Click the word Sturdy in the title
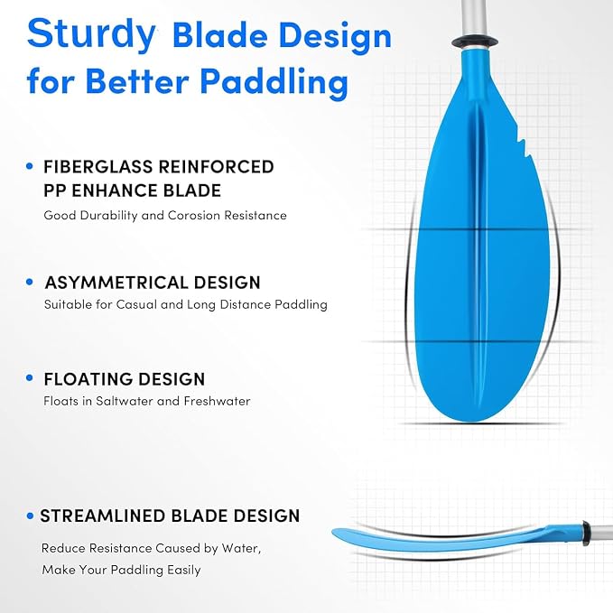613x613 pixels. [x=91, y=34]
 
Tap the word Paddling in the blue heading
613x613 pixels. [x=274, y=81]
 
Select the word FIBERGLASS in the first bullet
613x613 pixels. [x=98, y=167]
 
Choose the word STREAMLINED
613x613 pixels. [x=103, y=516]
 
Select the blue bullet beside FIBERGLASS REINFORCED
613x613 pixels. [x=29, y=166]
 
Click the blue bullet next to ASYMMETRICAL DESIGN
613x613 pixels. [x=29, y=282]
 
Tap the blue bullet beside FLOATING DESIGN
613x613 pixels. [x=29, y=377]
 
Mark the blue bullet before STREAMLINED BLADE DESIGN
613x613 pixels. [x=30, y=516]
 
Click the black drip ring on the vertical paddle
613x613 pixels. [x=476, y=42]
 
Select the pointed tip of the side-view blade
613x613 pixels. [x=333, y=532]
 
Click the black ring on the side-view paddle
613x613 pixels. [x=587, y=533]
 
